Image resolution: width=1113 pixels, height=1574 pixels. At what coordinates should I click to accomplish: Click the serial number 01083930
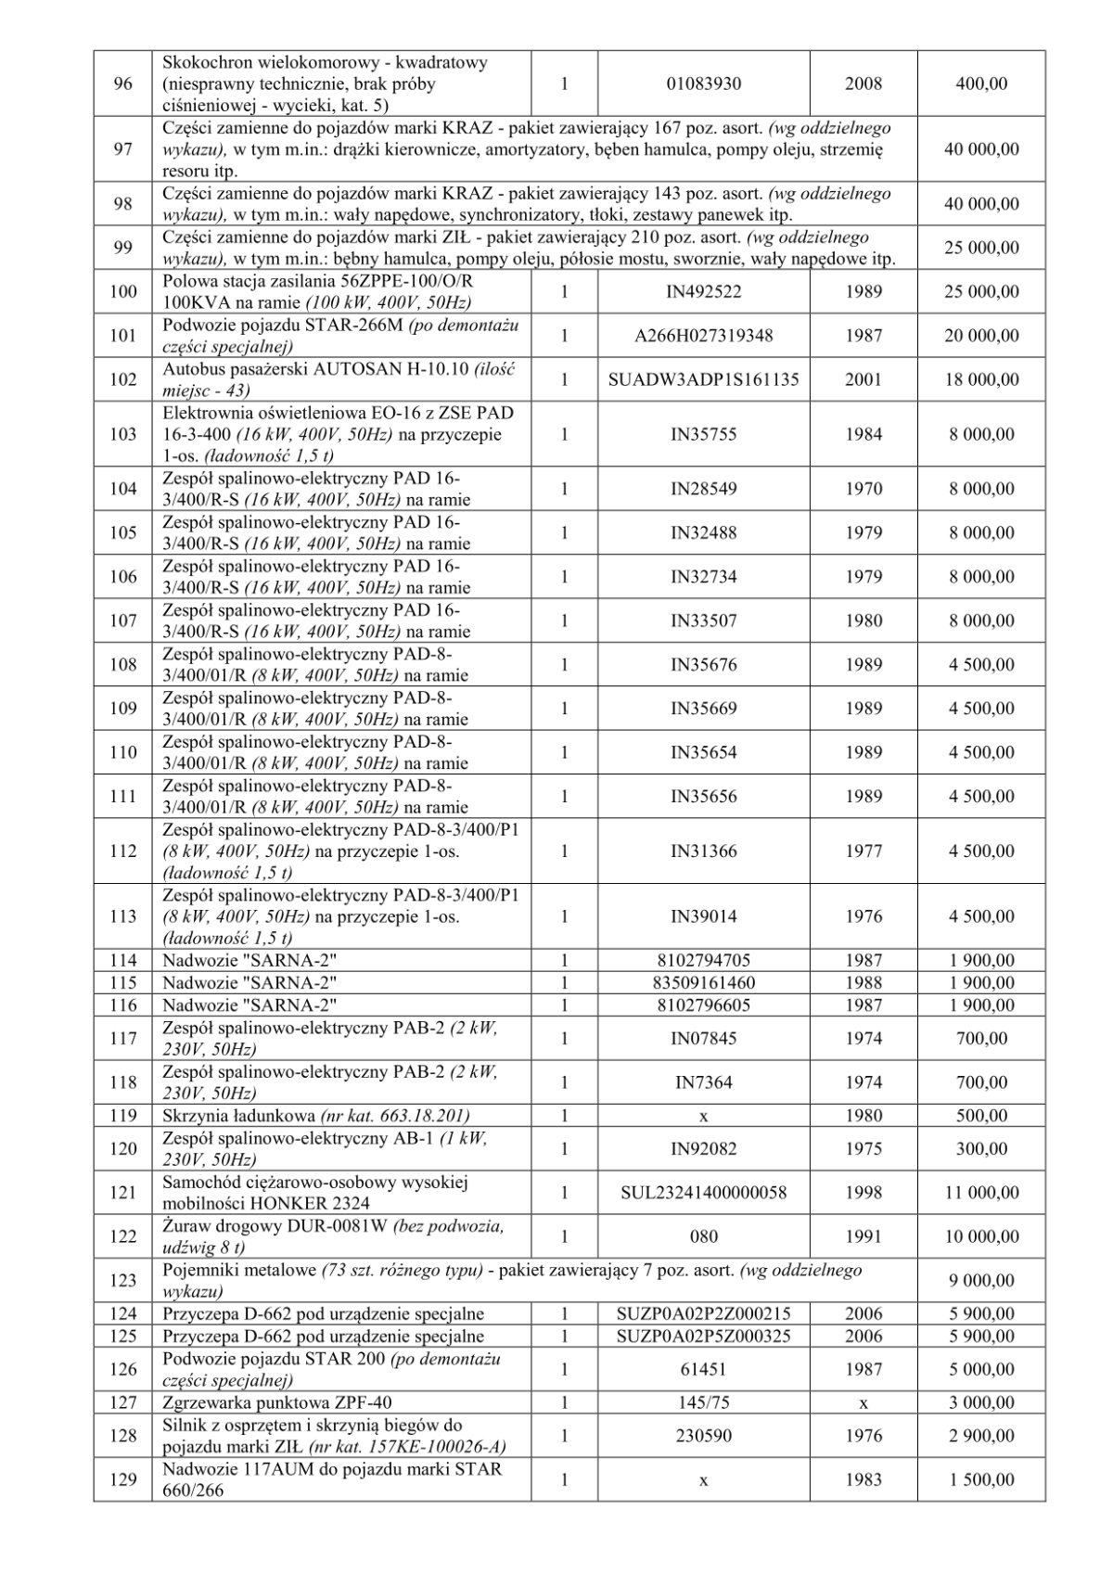point(703,84)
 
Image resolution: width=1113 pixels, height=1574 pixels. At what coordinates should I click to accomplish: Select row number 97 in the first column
point(122,149)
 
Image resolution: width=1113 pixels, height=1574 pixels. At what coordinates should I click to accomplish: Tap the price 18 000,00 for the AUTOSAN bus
point(981,379)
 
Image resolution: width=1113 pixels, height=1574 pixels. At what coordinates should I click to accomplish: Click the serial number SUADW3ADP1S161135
point(703,379)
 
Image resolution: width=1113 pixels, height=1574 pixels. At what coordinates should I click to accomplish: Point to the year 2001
point(864,379)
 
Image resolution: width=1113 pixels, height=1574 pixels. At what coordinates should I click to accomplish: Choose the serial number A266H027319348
point(703,336)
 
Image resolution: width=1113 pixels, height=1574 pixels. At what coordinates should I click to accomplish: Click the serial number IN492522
point(703,292)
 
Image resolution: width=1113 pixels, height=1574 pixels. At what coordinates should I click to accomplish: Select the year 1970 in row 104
point(864,489)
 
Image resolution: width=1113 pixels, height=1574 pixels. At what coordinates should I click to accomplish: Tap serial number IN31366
point(703,851)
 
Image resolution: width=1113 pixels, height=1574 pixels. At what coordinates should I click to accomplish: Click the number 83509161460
point(703,982)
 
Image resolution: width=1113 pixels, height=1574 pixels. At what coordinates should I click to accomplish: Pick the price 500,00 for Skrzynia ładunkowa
point(981,1116)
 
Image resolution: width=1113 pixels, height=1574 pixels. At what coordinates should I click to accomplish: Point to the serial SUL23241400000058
point(703,1193)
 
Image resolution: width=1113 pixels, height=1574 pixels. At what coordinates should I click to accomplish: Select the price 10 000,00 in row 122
point(981,1236)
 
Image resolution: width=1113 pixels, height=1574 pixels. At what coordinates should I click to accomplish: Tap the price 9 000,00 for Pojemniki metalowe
point(981,1281)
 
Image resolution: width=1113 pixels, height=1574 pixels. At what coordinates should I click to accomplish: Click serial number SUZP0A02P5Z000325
point(703,1337)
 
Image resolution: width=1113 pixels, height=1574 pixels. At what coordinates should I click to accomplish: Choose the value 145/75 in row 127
point(703,1403)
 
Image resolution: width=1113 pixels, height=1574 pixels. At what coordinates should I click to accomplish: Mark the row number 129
point(122,1479)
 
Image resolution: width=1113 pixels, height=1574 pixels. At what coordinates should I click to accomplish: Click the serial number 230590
point(703,1436)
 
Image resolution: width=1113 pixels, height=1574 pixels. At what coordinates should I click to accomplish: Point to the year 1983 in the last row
point(864,1479)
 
